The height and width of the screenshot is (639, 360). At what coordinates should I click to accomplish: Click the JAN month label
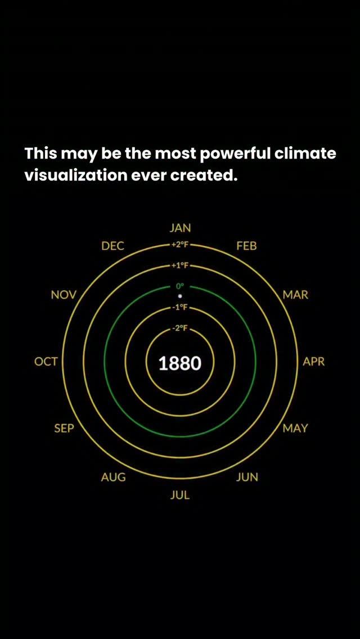[180, 228]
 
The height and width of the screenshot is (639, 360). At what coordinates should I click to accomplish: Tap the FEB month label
[247, 246]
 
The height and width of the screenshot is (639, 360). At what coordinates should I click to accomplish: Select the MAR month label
[295, 295]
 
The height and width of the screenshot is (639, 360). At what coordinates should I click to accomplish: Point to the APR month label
[313, 362]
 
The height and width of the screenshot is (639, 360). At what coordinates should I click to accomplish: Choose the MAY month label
[295, 428]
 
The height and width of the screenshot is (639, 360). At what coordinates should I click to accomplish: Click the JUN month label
[247, 477]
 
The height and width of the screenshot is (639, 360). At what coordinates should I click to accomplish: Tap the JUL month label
[180, 496]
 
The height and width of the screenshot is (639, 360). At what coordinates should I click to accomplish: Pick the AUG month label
[113, 477]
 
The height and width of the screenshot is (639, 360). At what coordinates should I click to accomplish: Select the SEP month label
[64, 428]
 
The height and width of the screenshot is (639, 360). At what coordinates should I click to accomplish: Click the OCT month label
[46, 362]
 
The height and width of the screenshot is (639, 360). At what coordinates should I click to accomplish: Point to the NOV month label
[64, 295]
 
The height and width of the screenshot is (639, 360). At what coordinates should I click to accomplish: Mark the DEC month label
[113, 246]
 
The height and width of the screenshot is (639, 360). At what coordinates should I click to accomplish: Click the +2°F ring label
[180, 245]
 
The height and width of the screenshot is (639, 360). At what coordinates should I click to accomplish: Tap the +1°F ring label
[180, 265]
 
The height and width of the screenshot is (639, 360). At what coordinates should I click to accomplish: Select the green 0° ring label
[180, 286]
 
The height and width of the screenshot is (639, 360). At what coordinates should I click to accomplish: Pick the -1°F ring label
[180, 307]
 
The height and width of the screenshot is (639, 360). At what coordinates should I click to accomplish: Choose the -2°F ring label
[180, 328]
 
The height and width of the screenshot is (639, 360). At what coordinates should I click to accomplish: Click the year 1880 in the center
[180, 363]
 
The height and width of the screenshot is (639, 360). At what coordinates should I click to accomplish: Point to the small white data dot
[180, 296]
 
